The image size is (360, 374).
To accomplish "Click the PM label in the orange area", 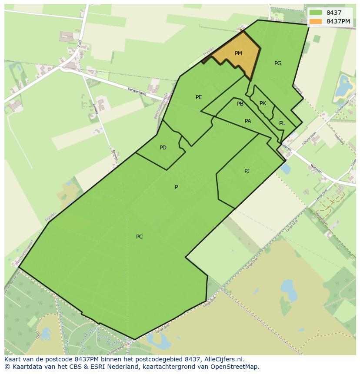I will pos(238,53).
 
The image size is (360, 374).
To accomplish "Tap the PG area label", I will pos(278,63).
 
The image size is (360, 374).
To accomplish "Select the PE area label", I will pos(199,97).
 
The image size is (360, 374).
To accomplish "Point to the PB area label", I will pos(240,104).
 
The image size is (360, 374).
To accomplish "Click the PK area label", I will pos(263,103).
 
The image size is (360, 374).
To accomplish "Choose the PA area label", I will pos(248,121).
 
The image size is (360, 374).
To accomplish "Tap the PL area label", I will pos(282,123).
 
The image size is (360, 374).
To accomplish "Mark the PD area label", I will pos(163,148).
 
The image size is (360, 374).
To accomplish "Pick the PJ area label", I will pos(247,171).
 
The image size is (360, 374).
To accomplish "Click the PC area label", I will pos(139,237).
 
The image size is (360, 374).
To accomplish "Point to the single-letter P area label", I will pos(176,187).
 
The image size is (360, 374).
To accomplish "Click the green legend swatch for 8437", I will pos(316,13).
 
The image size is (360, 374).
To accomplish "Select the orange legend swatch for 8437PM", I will pos(316,21).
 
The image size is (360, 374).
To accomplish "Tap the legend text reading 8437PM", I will pos(338,21).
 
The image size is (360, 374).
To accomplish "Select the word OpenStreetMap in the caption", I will pos(233,367).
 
